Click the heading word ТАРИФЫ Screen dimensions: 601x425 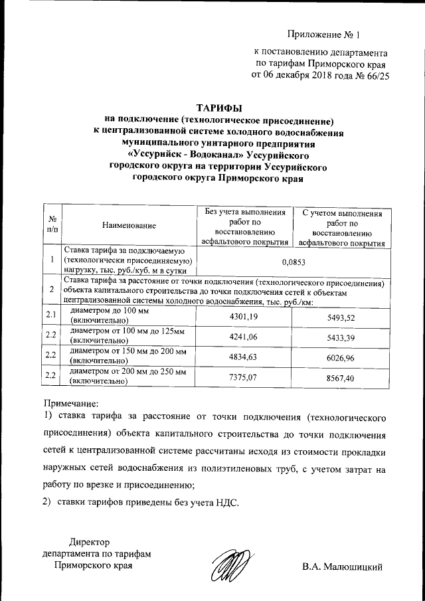[x=220, y=108]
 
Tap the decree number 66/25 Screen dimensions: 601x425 [x=375, y=76]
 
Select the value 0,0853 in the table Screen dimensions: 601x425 [x=292, y=262]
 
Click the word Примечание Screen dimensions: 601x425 [x=71, y=403]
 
